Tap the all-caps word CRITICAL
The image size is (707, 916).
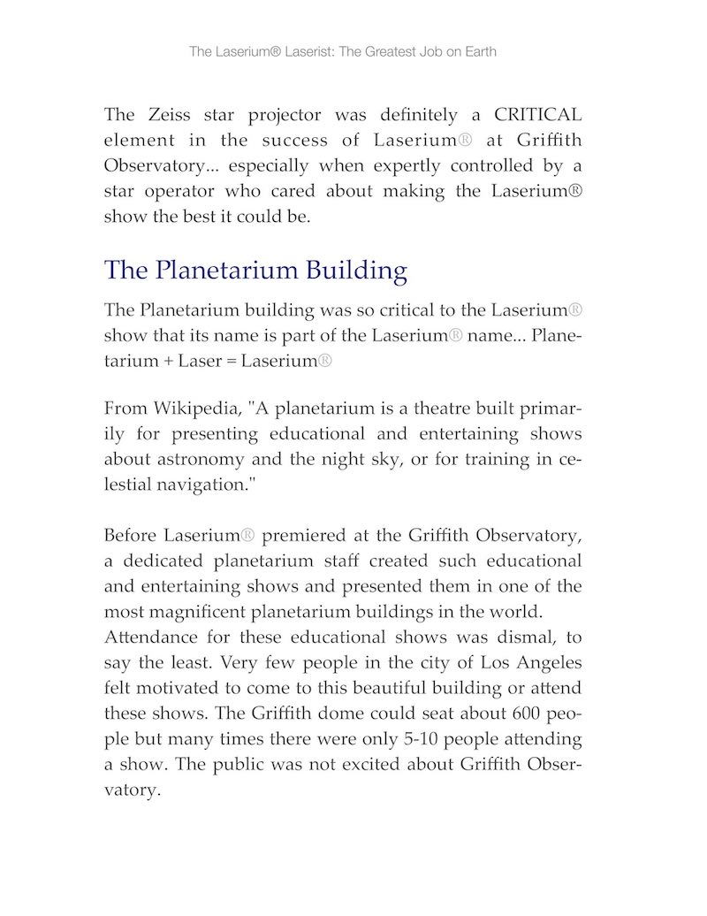tap(537, 115)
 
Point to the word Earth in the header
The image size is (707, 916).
tap(478, 51)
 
